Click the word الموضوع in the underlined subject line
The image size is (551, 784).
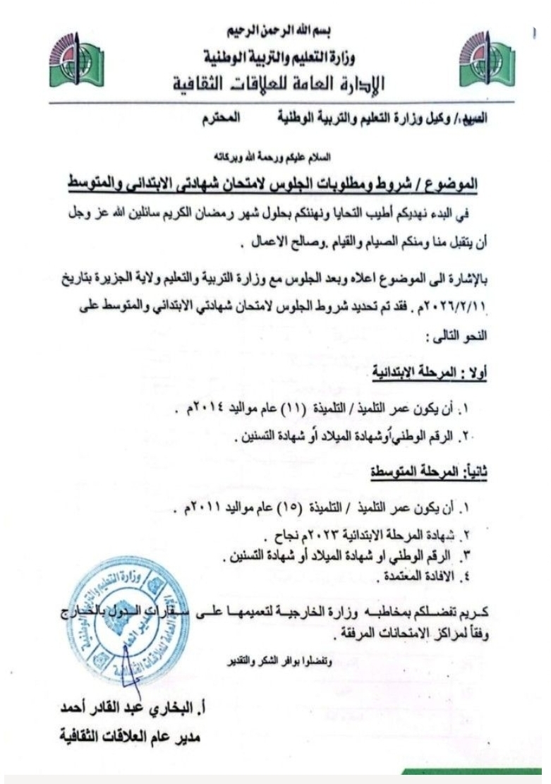pos(452,186)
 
